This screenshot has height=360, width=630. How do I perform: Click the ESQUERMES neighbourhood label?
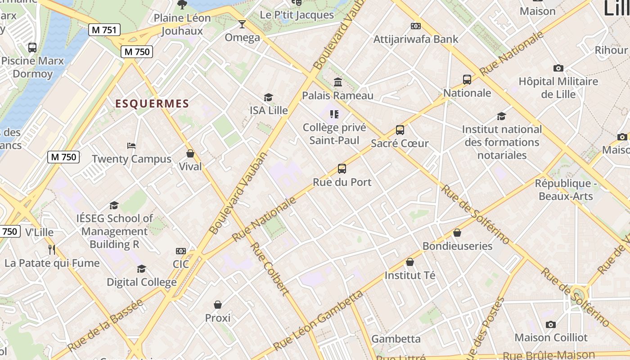[152, 104]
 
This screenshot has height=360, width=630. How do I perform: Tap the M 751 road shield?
[104, 30]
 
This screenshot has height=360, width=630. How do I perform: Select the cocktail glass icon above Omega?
[242, 24]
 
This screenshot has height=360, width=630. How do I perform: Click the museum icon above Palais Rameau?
[337, 82]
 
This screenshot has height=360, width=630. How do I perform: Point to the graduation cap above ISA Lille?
[268, 97]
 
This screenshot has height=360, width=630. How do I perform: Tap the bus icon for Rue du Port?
[342, 169]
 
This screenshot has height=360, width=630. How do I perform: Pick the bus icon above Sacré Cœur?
[400, 130]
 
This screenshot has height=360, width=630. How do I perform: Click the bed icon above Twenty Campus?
[131, 146]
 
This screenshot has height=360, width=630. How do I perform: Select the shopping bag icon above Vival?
[190, 153]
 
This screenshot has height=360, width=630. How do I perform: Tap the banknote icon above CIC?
[181, 251]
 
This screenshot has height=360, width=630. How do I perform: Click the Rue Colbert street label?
[269, 269]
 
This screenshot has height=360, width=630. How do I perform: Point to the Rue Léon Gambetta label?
[318, 320]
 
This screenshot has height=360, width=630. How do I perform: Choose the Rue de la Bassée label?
[105, 325]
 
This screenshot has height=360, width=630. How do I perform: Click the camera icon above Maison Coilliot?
[550, 324]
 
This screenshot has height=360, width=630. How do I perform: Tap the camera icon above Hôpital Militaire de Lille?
[558, 68]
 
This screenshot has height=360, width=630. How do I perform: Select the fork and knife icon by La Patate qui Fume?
[52, 249]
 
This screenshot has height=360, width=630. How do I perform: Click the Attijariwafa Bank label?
[416, 39]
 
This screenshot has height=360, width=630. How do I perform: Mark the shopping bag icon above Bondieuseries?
[457, 233]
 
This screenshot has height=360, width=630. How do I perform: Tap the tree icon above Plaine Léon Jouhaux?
[182, 5]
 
